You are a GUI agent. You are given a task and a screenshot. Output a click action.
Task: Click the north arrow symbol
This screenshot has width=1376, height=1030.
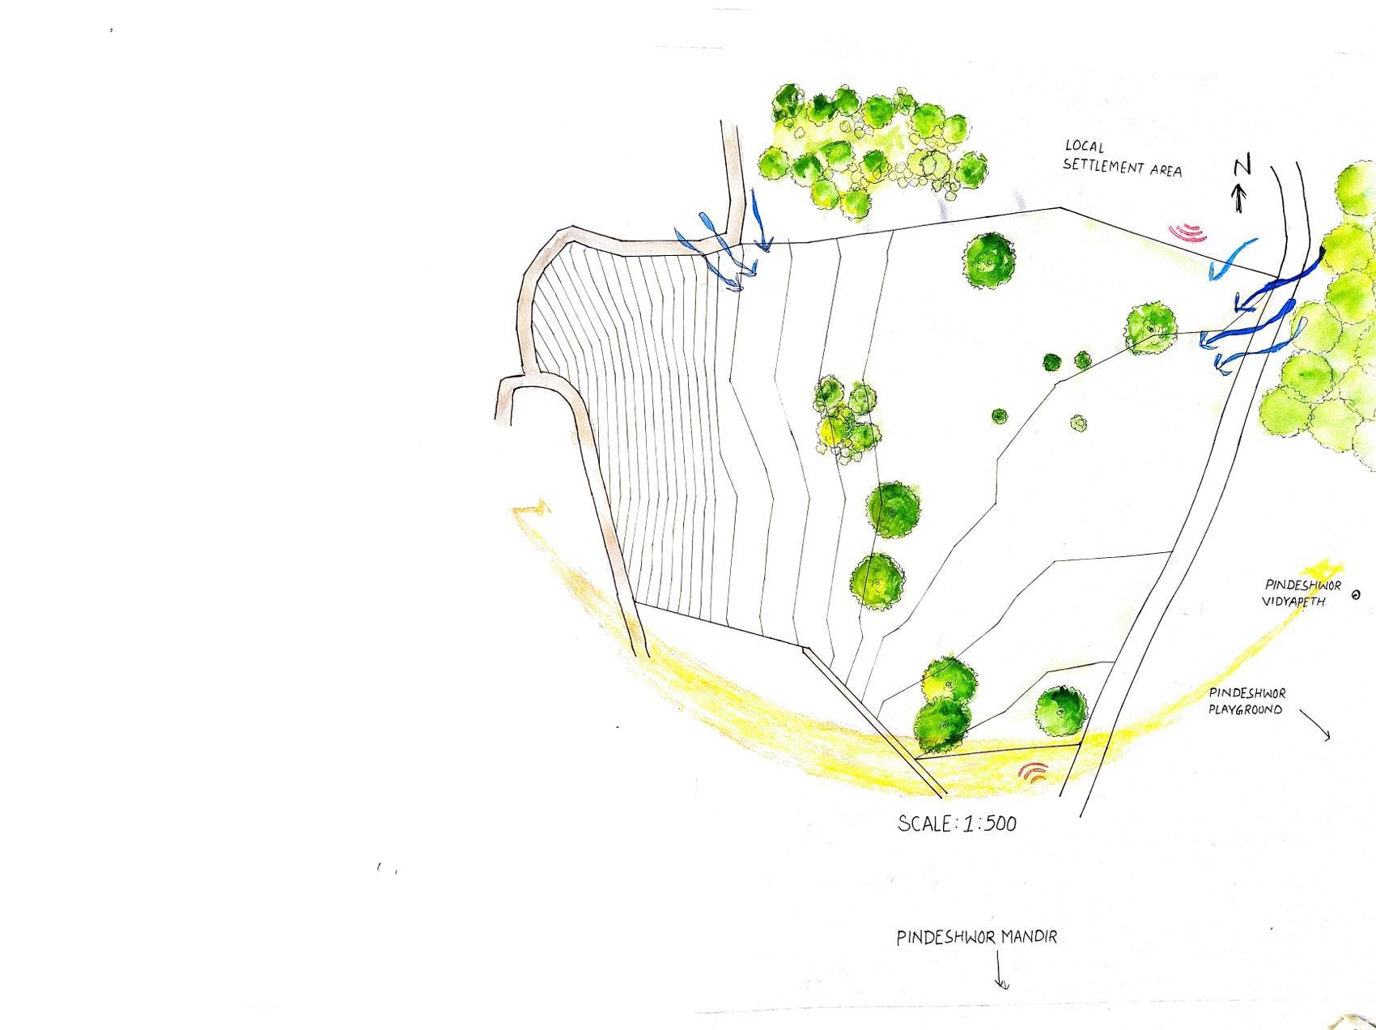click(x=1238, y=198)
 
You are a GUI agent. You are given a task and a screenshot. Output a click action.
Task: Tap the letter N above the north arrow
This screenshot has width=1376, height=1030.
click(x=1242, y=166)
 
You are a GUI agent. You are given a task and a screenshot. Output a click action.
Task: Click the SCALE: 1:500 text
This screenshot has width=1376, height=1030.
click(x=958, y=824)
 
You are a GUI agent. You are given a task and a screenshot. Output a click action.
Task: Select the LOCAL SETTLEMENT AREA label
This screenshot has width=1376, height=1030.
click(x=1122, y=158)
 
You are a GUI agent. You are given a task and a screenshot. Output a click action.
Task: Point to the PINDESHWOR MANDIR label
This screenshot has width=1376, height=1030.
click(x=976, y=937)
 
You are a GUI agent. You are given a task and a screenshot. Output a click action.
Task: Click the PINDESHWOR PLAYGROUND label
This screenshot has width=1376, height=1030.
click(x=1246, y=701)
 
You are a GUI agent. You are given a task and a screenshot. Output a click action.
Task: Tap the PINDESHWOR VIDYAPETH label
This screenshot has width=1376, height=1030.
click(x=1302, y=593)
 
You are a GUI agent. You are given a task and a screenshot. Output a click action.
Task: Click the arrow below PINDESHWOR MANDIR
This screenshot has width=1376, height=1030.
click(x=1000, y=971)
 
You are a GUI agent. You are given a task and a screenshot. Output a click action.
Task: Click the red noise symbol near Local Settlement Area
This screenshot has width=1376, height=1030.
click(x=1188, y=233)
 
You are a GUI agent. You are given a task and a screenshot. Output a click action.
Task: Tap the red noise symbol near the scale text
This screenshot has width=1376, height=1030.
click(x=1034, y=772)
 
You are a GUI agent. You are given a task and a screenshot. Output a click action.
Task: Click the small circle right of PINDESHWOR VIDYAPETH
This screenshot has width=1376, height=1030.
click(x=1356, y=595)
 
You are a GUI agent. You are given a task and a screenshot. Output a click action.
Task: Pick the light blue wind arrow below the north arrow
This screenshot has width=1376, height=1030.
click(x=1232, y=258)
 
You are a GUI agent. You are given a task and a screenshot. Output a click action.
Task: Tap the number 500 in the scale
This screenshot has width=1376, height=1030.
click(x=999, y=824)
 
